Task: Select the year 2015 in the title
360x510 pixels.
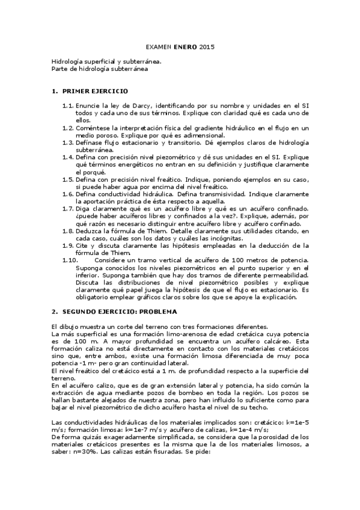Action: pos(207,46)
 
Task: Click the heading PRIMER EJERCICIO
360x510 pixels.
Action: pos(95,91)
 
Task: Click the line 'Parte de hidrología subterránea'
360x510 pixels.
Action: pos(99,69)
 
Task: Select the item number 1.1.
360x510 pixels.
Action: pos(68,106)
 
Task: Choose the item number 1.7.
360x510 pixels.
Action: pos(68,207)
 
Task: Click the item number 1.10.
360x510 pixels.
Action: pos(70,259)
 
